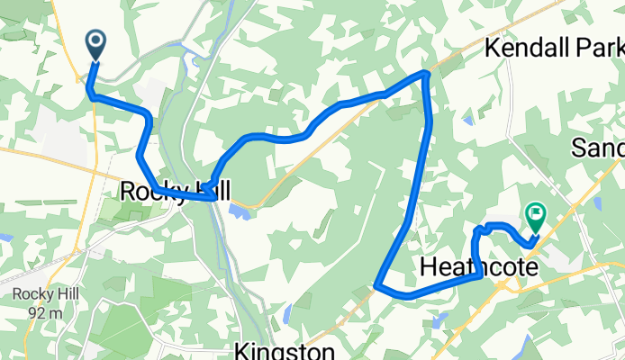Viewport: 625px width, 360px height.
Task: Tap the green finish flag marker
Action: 537,215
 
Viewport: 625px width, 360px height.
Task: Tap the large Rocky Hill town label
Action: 175,191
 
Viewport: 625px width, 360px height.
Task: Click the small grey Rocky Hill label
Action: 35,294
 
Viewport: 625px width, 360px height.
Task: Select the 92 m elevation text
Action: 35,312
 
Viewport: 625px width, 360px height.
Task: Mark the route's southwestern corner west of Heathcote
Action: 375,286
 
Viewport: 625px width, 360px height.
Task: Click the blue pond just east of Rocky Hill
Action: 239,212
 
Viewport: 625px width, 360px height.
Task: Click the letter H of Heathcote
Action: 428,267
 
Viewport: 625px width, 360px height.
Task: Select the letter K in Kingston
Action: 241,349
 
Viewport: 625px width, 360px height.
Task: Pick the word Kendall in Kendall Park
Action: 528,48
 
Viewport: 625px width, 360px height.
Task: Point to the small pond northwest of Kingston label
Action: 286,314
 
